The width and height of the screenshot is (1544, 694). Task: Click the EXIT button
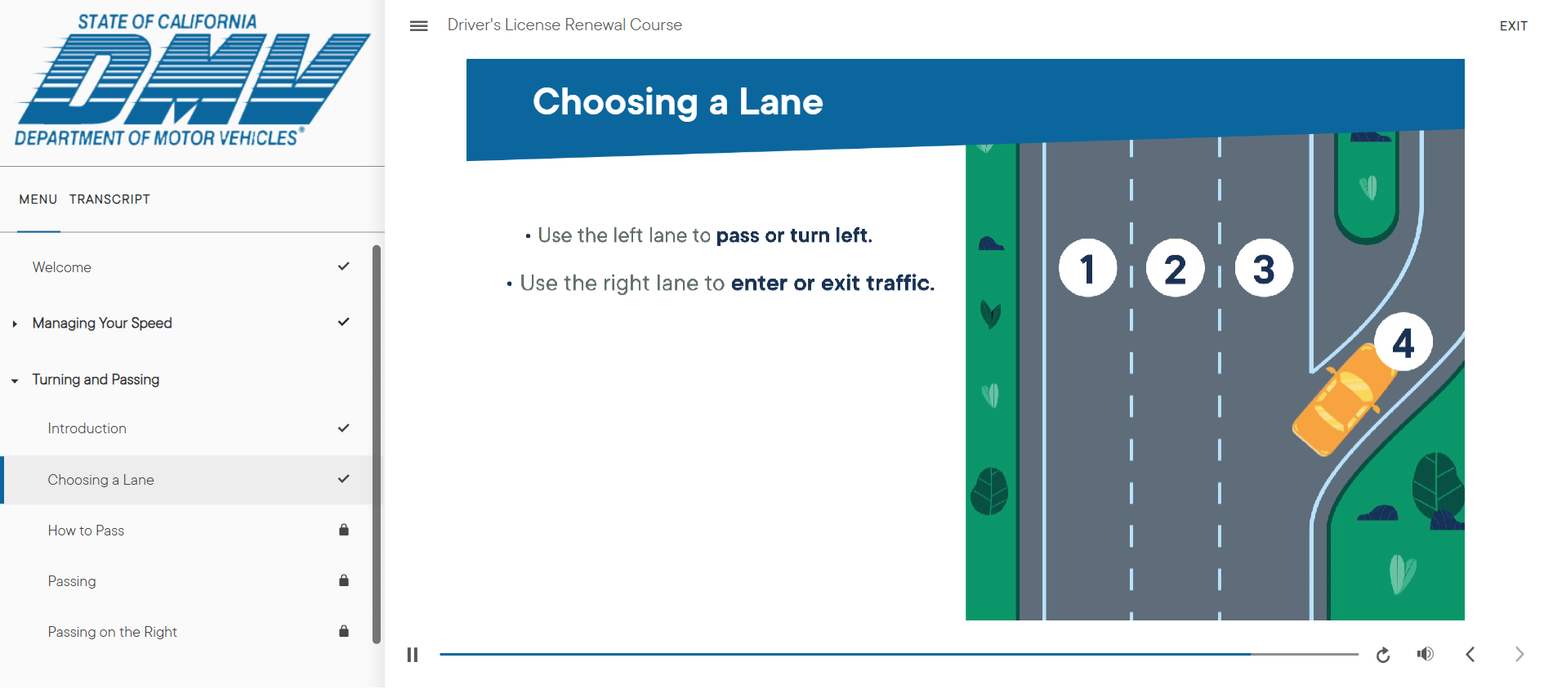(1513, 26)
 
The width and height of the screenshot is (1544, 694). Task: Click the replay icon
(1383, 655)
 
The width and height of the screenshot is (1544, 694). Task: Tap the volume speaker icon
(1426, 654)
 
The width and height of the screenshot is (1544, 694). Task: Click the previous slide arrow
(1470, 654)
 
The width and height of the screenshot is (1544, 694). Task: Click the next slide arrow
(1519, 654)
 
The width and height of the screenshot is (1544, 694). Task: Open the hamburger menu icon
(418, 26)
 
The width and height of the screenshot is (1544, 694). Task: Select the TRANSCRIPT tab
(109, 199)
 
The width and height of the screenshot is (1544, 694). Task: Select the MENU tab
(38, 199)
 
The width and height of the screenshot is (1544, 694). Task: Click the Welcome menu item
(62, 267)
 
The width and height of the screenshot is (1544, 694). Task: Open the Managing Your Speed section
(102, 323)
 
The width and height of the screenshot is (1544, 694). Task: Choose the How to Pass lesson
(86, 531)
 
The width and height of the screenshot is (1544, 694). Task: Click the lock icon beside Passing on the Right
(344, 631)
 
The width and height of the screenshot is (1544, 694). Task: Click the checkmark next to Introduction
(344, 428)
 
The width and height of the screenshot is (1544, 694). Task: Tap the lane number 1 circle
(1087, 268)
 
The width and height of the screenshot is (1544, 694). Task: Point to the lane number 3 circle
(1264, 268)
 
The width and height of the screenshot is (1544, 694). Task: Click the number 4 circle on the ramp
(1403, 342)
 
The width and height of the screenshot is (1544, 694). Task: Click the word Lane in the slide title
(781, 102)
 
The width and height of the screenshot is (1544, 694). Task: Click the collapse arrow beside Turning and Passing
(15, 381)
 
